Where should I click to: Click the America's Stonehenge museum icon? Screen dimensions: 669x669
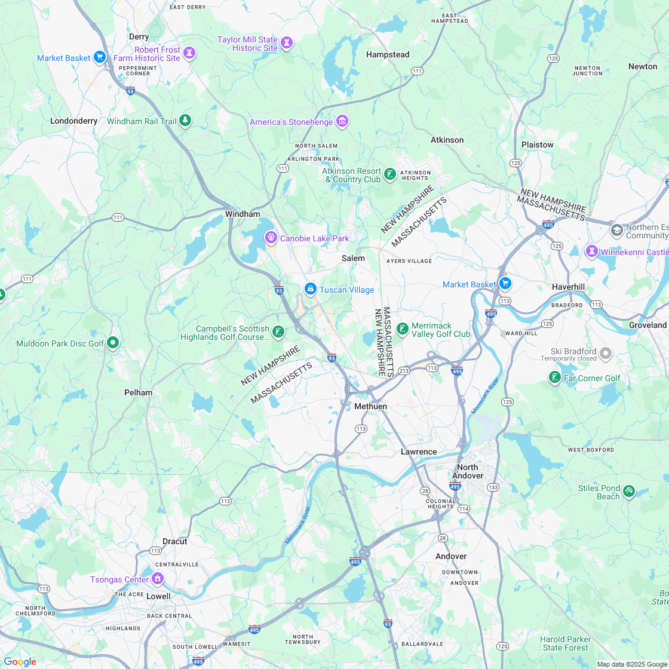342,122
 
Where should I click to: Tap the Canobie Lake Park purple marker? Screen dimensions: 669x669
271,238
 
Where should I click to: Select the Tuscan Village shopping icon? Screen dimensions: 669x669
310,290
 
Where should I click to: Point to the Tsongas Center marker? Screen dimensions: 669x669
158,579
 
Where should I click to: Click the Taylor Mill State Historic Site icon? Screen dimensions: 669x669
287,43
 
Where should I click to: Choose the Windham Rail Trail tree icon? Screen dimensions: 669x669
186,121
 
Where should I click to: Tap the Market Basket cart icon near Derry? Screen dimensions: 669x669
100,57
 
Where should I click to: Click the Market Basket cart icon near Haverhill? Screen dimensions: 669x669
505,284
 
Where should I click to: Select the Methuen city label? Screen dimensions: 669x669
370,406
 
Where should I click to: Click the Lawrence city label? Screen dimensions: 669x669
419,452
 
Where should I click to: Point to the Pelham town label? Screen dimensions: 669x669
138,392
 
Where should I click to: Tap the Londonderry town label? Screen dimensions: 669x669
73,121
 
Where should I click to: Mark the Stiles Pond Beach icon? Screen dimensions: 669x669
628,492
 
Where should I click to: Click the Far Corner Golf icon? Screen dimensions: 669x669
555,378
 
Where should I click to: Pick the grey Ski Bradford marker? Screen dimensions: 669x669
606,354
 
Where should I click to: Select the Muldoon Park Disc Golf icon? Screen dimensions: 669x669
113,343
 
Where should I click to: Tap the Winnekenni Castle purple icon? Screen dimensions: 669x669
591,252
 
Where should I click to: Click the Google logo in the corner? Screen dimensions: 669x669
20,661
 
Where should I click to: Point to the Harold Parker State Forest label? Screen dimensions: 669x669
565,643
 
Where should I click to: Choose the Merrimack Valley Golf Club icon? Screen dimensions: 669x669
403,329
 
